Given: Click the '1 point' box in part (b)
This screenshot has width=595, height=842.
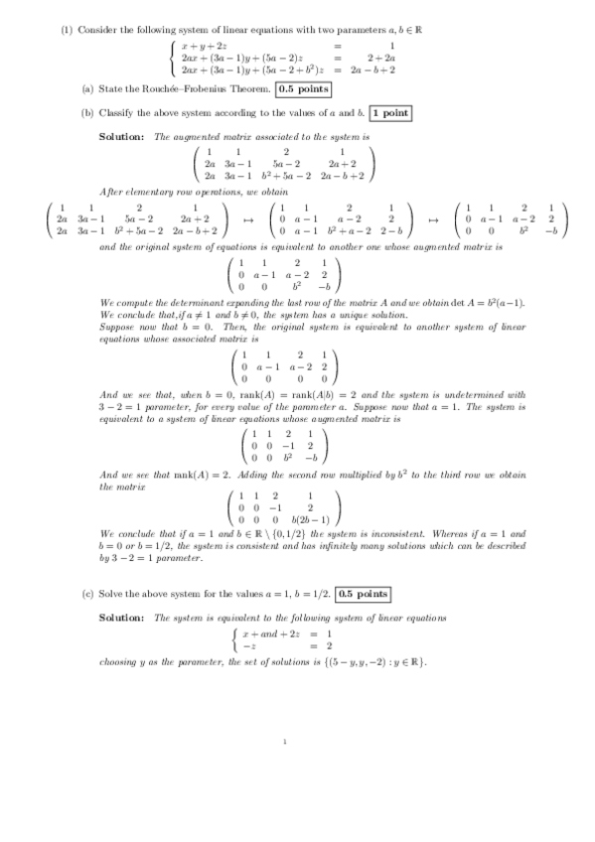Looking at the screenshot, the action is [x=390, y=113].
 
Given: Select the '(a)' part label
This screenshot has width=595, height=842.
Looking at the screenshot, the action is [x=87, y=89].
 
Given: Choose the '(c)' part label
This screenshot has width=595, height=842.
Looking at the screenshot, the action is [x=87, y=594].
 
